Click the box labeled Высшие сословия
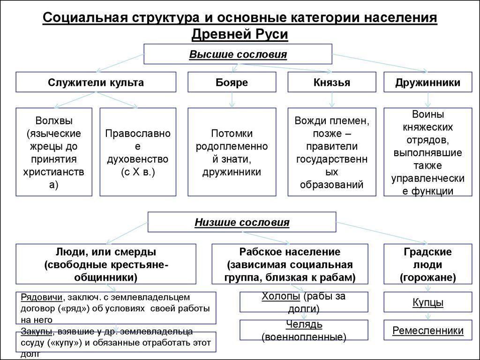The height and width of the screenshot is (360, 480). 238,54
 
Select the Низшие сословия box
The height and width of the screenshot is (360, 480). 242,222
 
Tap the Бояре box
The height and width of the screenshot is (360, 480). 232,82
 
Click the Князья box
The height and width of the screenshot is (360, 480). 332,82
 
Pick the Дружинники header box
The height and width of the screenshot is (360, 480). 427,82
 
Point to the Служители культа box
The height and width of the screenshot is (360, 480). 96,82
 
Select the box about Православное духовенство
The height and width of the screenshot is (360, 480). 137,152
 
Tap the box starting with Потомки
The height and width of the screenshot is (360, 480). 232,152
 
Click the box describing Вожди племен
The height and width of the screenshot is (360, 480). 332,152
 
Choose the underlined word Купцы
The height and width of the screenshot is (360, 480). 428,302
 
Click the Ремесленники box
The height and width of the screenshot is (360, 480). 428,330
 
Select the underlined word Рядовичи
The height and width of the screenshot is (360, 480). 43,297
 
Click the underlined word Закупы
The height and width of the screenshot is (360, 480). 36,332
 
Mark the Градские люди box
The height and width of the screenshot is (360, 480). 427,264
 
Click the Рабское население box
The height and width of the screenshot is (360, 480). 290,264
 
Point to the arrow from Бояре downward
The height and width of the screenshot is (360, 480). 232,99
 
